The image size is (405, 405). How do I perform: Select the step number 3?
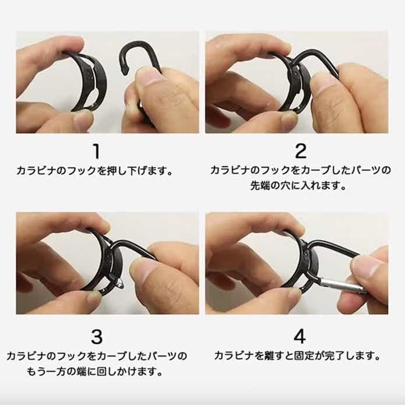click(x=97, y=336)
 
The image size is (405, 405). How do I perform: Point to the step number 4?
click(x=300, y=336)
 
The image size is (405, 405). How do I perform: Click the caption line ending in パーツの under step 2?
click(x=300, y=172)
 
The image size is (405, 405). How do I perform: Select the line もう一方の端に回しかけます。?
click(x=97, y=371)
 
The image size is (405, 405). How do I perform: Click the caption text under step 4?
click(x=297, y=355)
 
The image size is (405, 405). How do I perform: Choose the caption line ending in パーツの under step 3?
click(x=97, y=355)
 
